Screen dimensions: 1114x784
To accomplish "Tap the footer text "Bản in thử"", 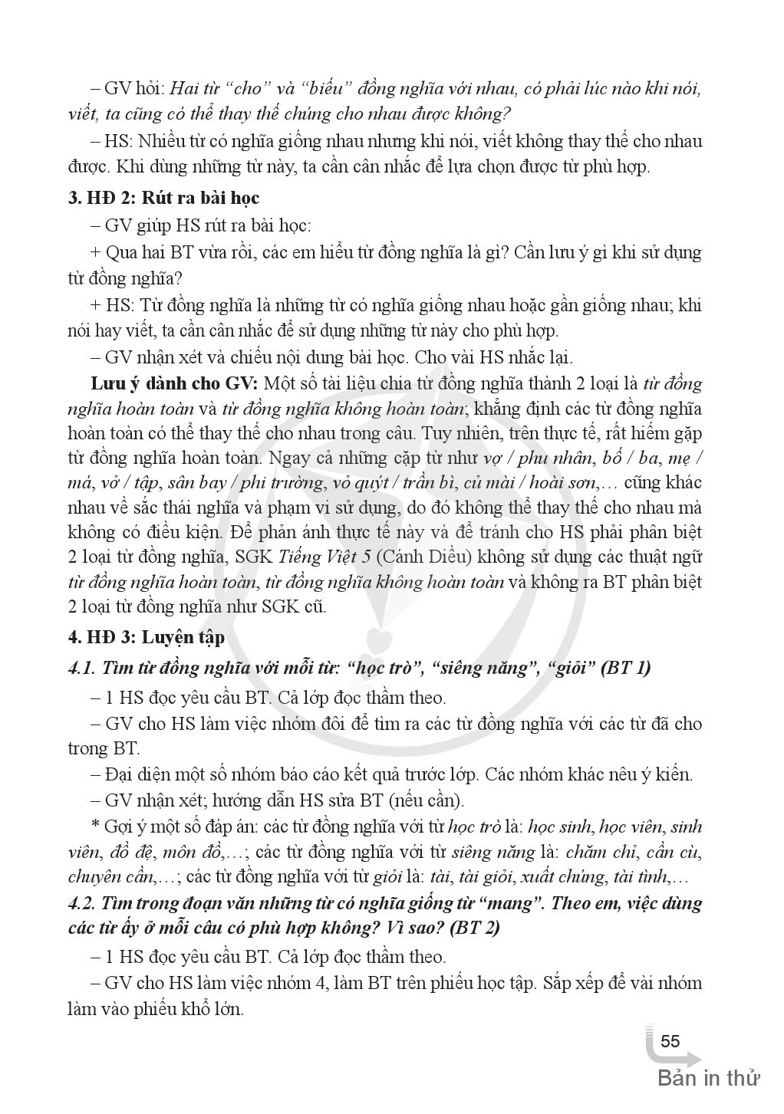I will (x=708, y=1079).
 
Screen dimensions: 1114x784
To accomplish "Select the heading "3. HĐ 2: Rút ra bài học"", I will (x=164, y=198).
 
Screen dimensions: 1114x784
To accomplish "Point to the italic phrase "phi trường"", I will (x=276, y=483).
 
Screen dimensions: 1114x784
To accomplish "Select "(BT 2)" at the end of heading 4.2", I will (x=474, y=928).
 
